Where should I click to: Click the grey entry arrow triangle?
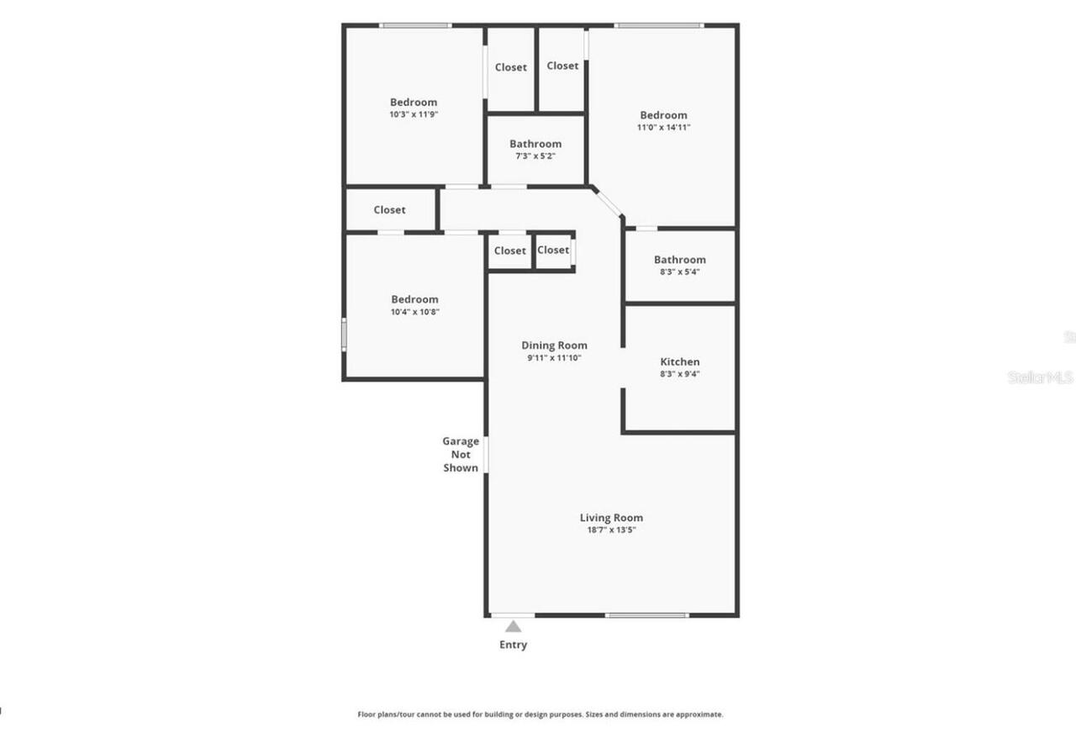tap(513, 626)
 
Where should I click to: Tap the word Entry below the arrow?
tap(514, 645)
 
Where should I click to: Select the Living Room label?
tap(611, 518)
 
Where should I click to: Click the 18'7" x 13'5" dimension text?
tap(611, 530)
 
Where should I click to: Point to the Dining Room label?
tap(554, 345)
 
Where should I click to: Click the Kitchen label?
tap(679, 362)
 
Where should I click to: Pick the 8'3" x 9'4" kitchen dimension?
tap(679, 374)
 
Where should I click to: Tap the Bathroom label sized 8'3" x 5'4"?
tap(679, 261)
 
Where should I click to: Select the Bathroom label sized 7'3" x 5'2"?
tap(535, 145)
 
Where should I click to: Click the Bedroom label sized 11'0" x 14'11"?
tap(663, 115)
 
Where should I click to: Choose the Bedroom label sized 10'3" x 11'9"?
tap(414, 103)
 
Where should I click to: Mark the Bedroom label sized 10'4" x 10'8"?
tap(414, 300)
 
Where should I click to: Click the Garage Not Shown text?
tap(461, 454)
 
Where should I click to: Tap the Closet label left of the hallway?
tap(389, 210)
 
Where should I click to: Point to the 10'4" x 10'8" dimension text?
tap(414, 312)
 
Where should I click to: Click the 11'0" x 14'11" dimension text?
tap(663, 128)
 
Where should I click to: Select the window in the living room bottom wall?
tap(646, 615)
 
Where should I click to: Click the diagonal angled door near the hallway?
tap(606, 202)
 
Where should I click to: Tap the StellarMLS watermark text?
tap(1041, 377)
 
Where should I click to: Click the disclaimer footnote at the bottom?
tap(541, 714)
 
